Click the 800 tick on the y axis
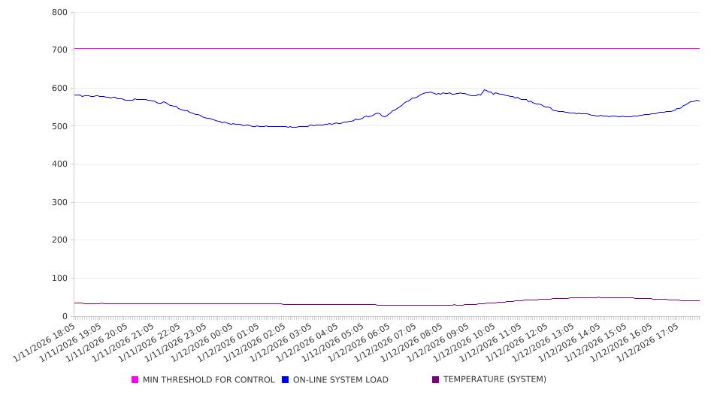coord(60,13)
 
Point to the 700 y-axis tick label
coord(60,50)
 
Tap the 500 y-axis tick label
coord(60,126)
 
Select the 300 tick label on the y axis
coord(60,203)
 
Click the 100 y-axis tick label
coord(60,279)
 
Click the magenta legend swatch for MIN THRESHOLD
coord(135,380)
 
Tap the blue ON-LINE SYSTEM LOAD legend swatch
coord(286,380)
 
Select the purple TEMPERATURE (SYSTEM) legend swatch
coord(436,380)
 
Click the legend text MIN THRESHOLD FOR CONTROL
coord(208,380)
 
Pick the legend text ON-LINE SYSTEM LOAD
coord(340,380)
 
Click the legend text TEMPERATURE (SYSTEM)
coord(495,380)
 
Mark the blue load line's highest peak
coord(484,90)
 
